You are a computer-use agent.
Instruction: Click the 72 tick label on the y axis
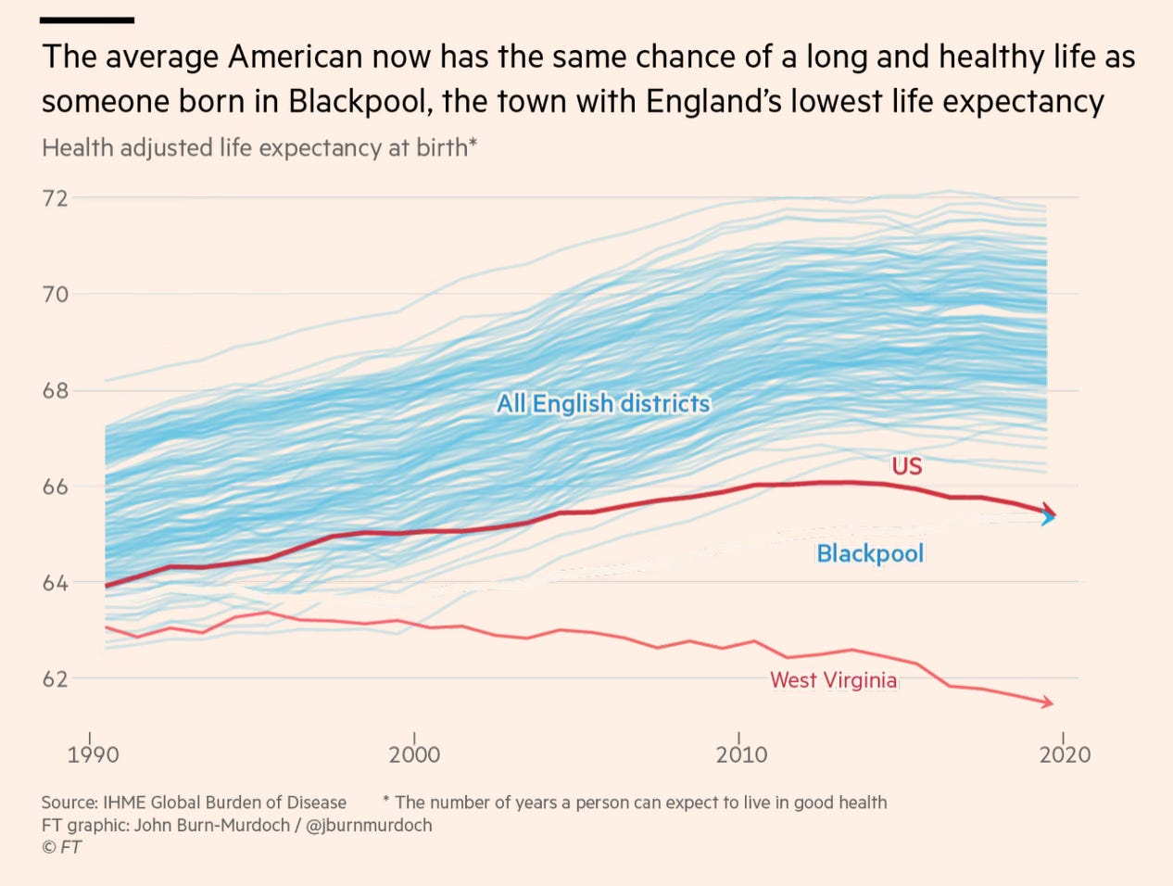[x=56, y=198]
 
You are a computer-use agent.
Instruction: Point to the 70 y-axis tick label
[x=56, y=295]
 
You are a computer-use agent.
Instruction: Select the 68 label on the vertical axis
[x=56, y=391]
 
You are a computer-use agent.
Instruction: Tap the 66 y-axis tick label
[x=56, y=487]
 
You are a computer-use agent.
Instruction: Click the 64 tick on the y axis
[x=56, y=584]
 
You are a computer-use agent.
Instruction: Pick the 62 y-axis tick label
[x=56, y=679]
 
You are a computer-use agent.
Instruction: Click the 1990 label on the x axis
[x=93, y=754]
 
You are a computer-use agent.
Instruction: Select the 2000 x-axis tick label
[x=414, y=754]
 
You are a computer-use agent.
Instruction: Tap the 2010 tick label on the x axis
[x=741, y=754]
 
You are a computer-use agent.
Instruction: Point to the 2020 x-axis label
[x=1065, y=754]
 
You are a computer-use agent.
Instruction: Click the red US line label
[x=907, y=466]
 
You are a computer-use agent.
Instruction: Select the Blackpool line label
[x=870, y=554]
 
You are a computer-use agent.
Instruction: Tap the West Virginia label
[x=833, y=680]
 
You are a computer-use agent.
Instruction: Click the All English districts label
[x=603, y=404]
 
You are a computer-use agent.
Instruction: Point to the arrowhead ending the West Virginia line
[x=1048, y=703]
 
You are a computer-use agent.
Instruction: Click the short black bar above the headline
[x=88, y=20]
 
